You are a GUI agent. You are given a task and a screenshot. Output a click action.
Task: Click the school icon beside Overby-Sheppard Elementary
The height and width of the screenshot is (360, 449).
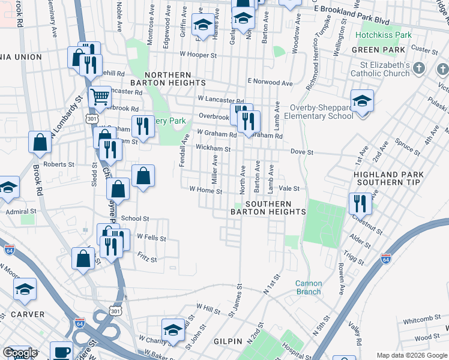pos(362,101)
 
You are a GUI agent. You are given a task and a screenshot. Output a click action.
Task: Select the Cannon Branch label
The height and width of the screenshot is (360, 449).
pos(309,287)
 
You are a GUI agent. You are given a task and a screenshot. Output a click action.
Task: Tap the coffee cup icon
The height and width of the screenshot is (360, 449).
pos(61,352)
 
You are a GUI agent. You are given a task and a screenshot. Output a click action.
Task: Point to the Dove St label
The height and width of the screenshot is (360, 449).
pos(302,152)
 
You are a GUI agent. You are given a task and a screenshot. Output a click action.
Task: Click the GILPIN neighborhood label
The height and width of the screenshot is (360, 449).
pos(228,340)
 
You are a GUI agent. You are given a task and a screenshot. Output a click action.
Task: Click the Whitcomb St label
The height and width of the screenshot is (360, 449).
pos(417,320)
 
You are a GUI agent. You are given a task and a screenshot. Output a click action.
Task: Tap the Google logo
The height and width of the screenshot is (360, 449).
pos(19,353)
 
